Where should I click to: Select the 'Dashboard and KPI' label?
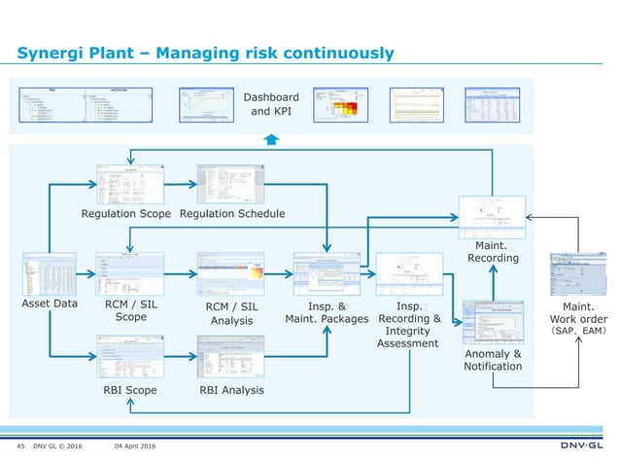tap(270, 104)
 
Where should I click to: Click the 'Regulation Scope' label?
tap(126, 213)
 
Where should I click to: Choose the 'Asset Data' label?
tap(50, 304)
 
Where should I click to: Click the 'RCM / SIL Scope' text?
tap(131, 309)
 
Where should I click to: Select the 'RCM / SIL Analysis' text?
tap(231, 313)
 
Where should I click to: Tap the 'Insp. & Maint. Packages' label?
tap(326, 311)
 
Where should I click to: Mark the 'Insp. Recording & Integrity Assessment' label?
tap(408, 323)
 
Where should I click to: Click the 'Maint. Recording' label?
tap(493, 251)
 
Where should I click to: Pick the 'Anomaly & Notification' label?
tap(493, 360)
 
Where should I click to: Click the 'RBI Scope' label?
tap(129, 390)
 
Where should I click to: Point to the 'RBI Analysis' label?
tap(230, 390)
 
